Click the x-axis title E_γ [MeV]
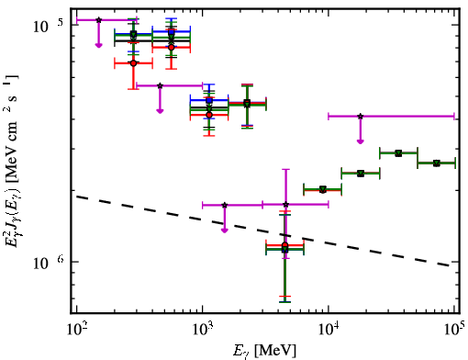click(x=264, y=351)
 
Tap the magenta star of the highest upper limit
click(x=98, y=20)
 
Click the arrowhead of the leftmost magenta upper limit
click(x=98, y=45)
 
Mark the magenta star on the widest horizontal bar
click(x=361, y=117)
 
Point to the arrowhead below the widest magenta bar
click(x=361, y=141)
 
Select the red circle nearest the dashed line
click(x=285, y=245)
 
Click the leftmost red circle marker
click(x=133, y=63)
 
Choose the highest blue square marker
click(x=172, y=32)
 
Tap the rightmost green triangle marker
click(x=437, y=163)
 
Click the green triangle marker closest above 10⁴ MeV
click(x=361, y=174)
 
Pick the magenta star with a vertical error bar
click(x=285, y=204)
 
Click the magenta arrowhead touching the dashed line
click(x=225, y=231)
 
